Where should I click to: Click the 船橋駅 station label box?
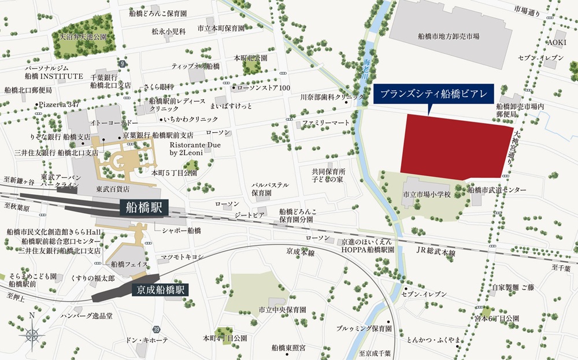144,207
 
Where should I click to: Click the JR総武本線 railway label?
436,253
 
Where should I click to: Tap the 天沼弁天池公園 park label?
84,36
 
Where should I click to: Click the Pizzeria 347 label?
59,105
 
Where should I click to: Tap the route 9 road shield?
121,63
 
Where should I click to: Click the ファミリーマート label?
326,124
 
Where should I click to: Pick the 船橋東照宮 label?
288,348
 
